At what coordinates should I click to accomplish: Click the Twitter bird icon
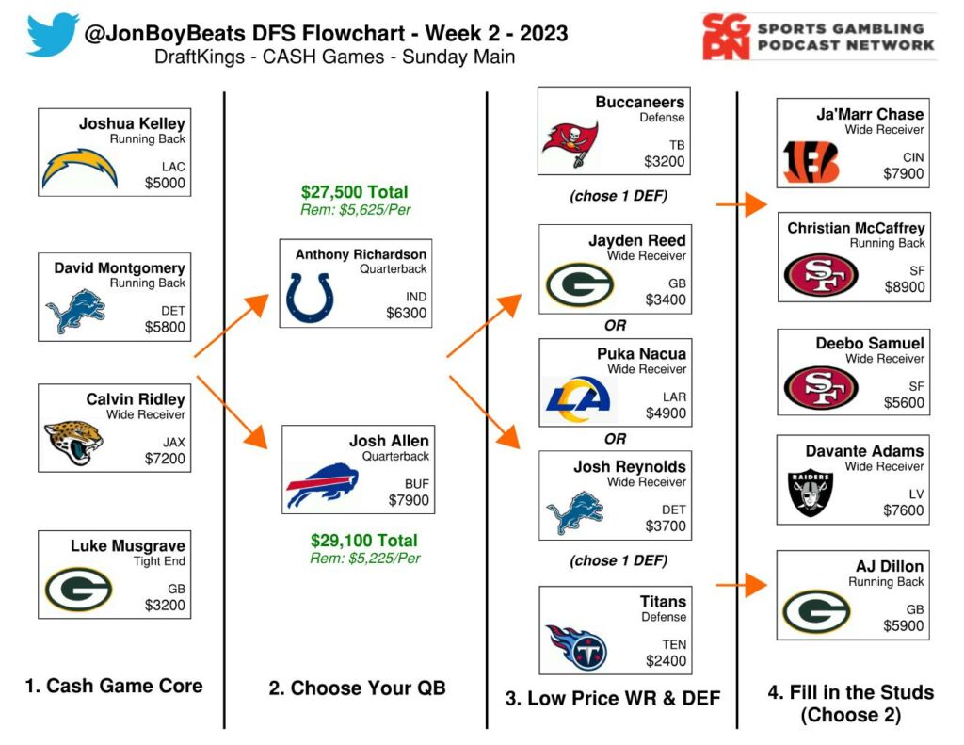[53, 35]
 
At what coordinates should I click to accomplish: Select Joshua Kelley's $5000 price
[165, 184]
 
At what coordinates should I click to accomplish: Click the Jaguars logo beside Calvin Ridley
[73, 442]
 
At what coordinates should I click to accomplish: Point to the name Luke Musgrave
[128, 545]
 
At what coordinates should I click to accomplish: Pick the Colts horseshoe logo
[309, 298]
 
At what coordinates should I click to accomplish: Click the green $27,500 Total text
[355, 192]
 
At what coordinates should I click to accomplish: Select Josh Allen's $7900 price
[408, 500]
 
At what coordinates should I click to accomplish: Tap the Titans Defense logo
[575, 647]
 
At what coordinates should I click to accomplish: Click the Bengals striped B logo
[811, 161]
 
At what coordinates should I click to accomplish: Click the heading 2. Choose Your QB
[357, 688]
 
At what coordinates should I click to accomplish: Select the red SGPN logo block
[725, 37]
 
